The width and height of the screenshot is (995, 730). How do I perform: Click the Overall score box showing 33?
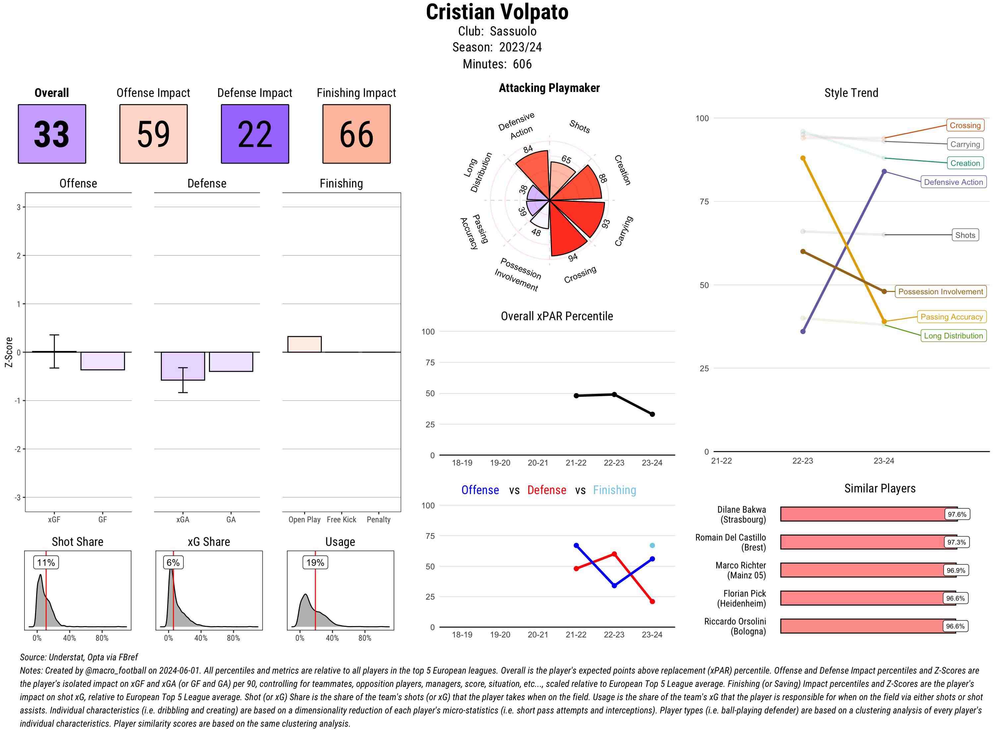pos(52,134)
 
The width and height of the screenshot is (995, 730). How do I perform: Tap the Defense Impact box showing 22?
pos(255,134)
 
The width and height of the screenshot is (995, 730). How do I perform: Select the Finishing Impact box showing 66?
pos(357,134)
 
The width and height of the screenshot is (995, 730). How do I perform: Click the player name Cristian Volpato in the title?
pos(497,12)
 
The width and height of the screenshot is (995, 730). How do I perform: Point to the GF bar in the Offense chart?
pos(102,361)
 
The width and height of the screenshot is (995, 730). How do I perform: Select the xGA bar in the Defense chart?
pos(183,366)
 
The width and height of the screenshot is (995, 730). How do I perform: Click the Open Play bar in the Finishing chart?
pos(304,344)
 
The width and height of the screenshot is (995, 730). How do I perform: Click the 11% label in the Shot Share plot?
pos(46,562)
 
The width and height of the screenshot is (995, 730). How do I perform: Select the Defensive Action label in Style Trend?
pos(953,182)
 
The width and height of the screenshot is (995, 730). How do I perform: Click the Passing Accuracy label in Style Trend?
pos(951,317)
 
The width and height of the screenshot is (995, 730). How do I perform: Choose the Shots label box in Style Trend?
pos(965,235)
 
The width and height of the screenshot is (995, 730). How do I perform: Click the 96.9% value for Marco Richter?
pos(956,570)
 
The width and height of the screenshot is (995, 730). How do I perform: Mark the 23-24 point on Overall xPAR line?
pos(652,414)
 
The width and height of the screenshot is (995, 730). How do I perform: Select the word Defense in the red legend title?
pos(547,490)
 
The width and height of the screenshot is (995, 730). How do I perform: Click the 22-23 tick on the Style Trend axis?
pos(802,461)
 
